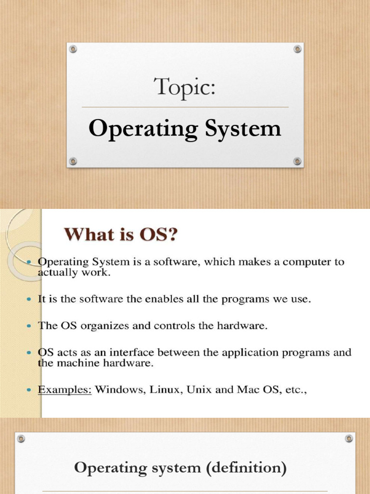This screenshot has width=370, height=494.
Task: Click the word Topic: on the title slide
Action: click(x=185, y=88)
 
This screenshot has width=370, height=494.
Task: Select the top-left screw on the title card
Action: click(x=73, y=49)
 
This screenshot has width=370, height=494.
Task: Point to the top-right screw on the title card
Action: click(x=297, y=49)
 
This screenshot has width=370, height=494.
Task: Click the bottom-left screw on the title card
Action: click(x=73, y=161)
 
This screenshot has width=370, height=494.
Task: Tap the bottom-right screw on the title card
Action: click(x=297, y=161)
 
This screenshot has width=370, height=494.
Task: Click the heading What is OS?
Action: click(x=121, y=235)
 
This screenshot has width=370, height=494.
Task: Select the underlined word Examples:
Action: click(x=65, y=389)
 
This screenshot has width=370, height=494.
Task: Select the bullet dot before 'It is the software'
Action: click(x=30, y=300)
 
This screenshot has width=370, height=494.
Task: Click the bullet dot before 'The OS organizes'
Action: click(x=30, y=326)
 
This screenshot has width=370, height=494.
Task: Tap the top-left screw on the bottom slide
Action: click(x=21, y=439)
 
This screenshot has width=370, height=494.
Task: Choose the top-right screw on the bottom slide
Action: click(x=349, y=439)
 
